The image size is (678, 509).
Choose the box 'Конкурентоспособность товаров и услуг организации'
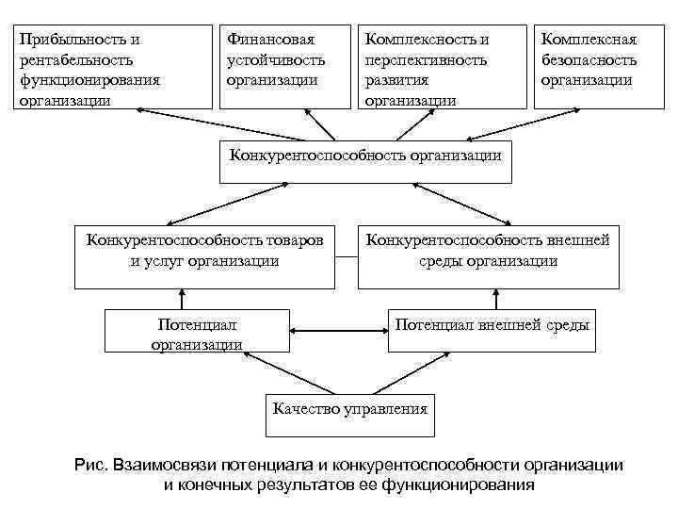tap(204, 254)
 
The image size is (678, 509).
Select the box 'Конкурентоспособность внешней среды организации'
tap(488, 254)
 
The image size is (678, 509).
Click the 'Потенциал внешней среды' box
tap(492, 328)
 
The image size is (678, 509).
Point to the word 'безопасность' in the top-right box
tap(589, 59)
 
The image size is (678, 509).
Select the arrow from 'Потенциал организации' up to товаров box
tap(181, 297)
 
